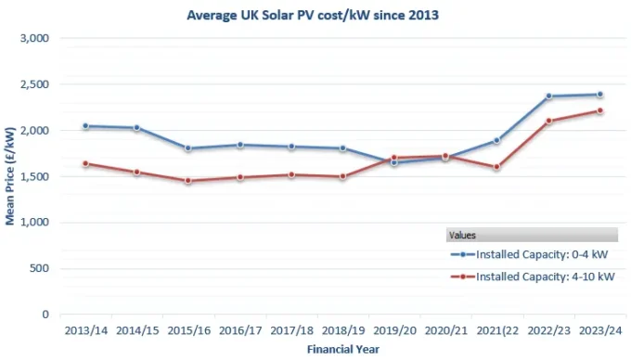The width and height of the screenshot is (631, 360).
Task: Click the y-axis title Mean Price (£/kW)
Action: [x=11, y=176]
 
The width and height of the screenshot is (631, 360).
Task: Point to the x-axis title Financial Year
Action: [x=342, y=349]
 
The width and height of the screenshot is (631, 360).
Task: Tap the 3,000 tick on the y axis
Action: [x=32, y=39]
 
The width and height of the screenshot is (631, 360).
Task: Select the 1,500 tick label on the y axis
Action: [x=32, y=177]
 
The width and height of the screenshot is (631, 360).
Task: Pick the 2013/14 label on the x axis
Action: [x=85, y=329]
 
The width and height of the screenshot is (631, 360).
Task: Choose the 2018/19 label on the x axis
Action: [x=342, y=329]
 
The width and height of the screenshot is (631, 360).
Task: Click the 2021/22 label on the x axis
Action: [x=496, y=329]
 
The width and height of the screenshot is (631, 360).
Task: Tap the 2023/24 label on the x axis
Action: [x=599, y=329]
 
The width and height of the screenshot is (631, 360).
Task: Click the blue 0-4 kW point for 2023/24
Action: [x=599, y=95]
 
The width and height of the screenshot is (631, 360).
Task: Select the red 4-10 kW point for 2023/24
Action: [x=599, y=111]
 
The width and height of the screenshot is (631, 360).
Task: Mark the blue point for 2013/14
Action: [x=85, y=126]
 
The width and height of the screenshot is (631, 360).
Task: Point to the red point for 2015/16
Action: [x=188, y=181]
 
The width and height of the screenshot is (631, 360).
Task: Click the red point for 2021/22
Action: [x=496, y=167]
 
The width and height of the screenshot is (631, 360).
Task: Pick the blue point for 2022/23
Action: [x=548, y=96]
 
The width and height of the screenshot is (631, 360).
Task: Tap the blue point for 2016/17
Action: [x=239, y=145]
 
